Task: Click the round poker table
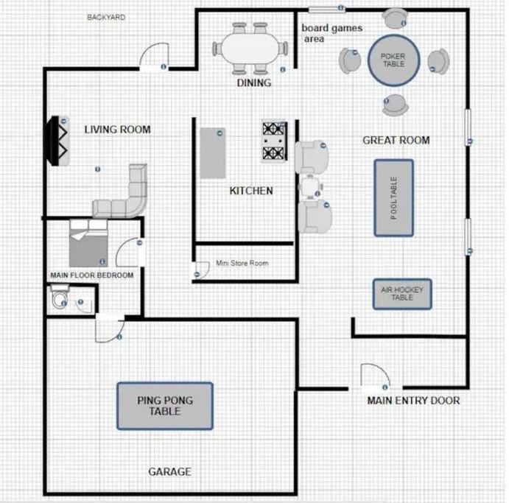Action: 394,60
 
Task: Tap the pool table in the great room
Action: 394,198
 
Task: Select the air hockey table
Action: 402,294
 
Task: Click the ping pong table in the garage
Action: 165,406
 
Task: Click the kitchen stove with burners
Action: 275,141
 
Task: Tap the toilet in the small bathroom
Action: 60,297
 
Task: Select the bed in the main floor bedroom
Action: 88,243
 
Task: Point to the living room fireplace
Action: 57,141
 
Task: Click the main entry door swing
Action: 376,375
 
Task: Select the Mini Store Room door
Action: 201,270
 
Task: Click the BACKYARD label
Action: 106,17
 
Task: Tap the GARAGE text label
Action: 169,471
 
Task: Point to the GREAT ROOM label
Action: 396,140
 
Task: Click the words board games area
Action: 331,33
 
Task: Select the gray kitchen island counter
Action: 213,153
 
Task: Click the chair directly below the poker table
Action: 395,105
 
